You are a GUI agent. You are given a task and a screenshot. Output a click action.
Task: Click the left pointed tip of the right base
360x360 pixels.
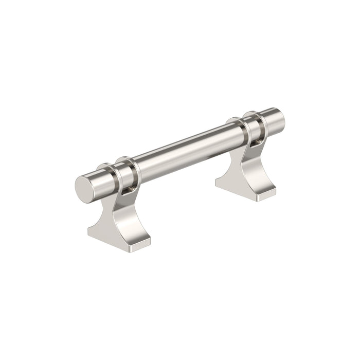217,181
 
